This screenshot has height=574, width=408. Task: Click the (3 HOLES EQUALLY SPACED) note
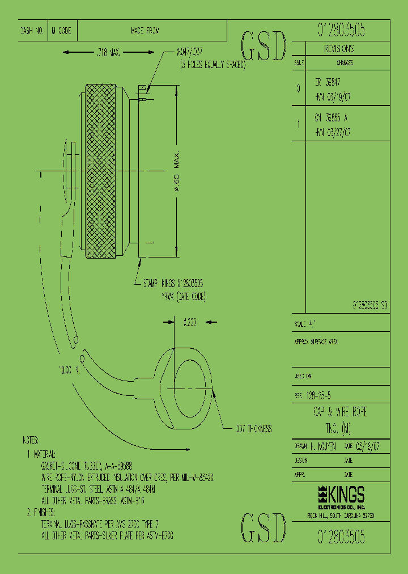(212, 65)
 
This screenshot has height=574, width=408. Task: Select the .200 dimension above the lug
(189, 322)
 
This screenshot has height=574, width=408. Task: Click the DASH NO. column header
(32, 31)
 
